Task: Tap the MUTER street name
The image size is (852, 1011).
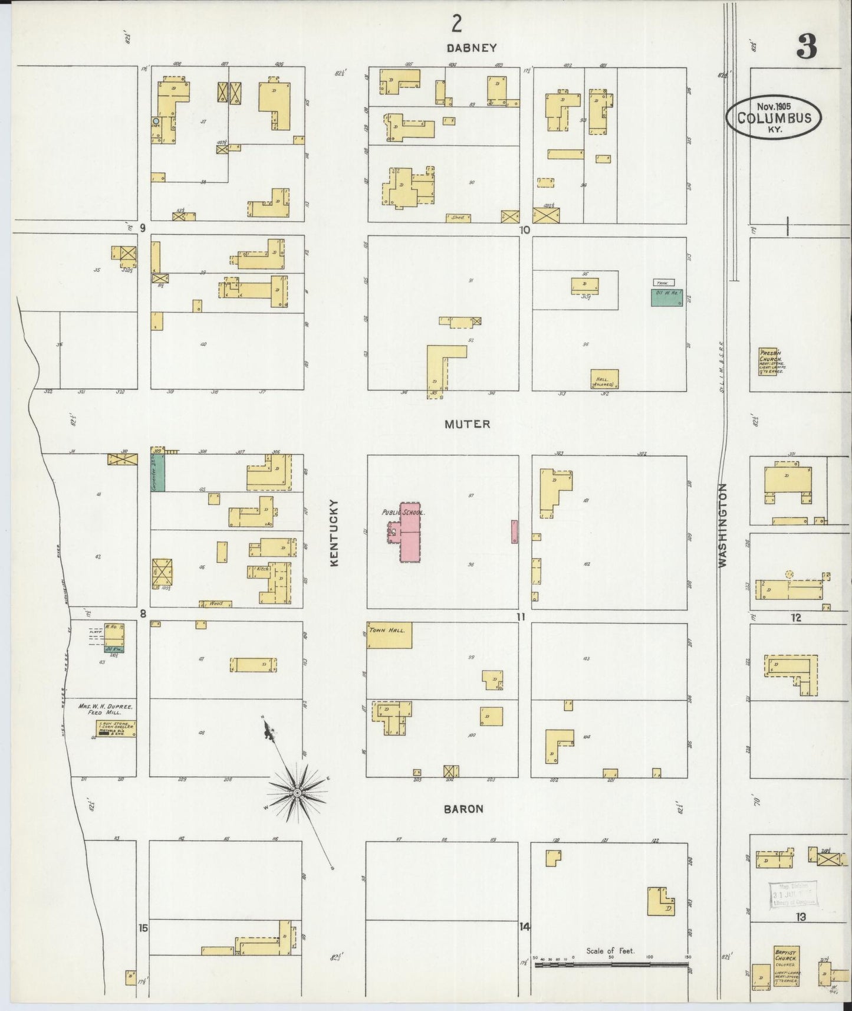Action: pyautogui.click(x=468, y=424)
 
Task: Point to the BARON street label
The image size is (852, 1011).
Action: pyautogui.click(x=464, y=809)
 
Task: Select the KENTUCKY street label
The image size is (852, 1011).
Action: pyautogui.click(x=334, y=533)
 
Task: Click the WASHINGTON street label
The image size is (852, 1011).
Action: pyautogui.click(x=723, y=526)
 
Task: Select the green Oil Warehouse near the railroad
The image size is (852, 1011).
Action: pyautogui.click(x=667, y=297)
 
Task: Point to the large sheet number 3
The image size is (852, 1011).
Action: pyautogui.click(x=807, y=47)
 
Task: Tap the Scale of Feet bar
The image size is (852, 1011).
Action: pyautogui.click(x=610, y=964)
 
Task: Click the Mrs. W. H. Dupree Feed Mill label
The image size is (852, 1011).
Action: pyautogui.click(x=106, y=709)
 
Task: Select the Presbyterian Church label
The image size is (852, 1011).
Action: pyautogui.click(x=771, y=361)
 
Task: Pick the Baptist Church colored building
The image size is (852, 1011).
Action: pyautogui.click(x=786, y=967)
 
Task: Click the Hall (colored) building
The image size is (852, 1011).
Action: pyautogui.click(x=604, y=379)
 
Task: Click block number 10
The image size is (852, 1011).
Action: pyautogui.click(x=525, y=229)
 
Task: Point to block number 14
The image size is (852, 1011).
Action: pyautogui.click(x=524, y=927)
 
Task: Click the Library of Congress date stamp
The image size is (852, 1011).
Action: pyautogui.click(x=794, y=894)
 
